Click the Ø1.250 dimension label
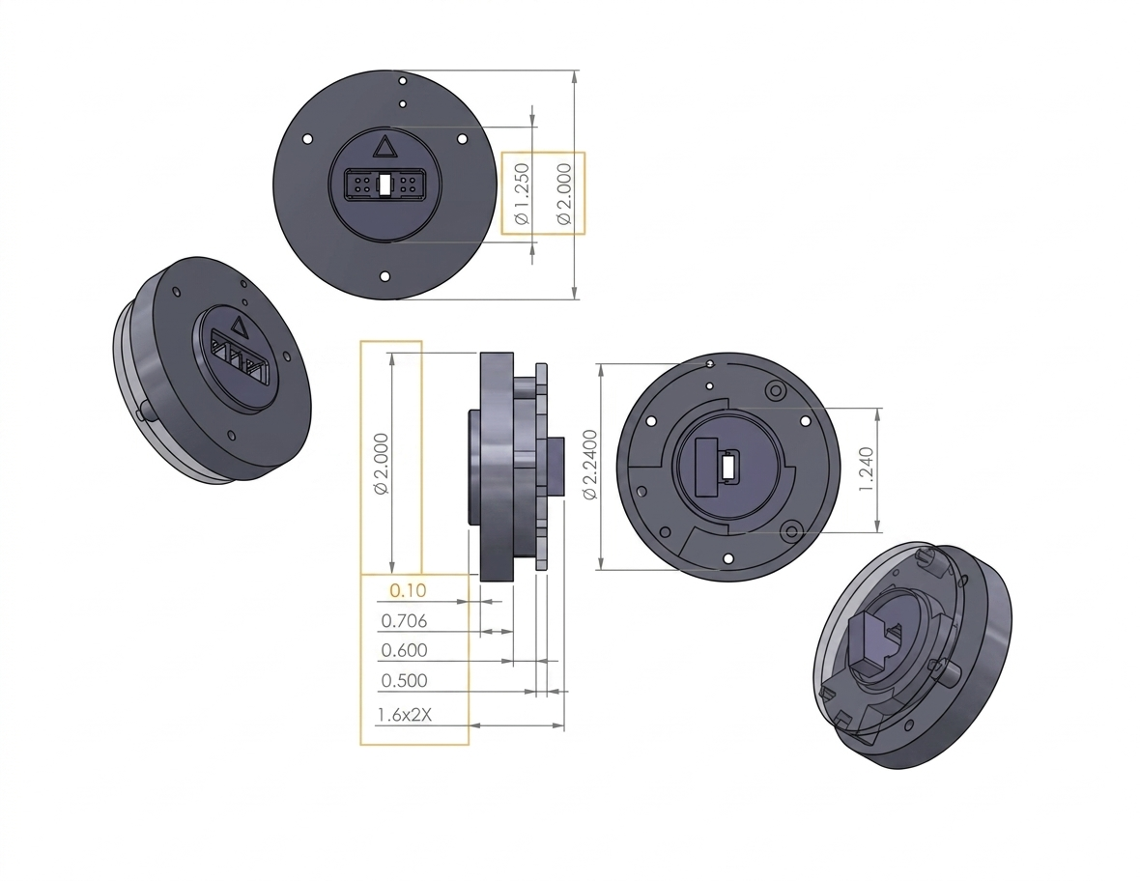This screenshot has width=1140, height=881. [522, 194]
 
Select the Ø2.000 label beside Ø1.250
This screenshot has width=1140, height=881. [564, 194]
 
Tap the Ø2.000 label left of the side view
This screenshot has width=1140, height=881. [381, 463]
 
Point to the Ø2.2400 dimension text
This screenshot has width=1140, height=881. [590, 465]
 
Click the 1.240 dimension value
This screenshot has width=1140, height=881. [866, 469]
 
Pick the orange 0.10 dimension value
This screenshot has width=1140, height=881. [408, 589]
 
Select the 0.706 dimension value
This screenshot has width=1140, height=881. [404, 621]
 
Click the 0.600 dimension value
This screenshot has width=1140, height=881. [404, 650]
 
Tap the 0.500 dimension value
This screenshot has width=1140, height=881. [404, 680]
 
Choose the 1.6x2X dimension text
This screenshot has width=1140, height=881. [404, 715]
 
